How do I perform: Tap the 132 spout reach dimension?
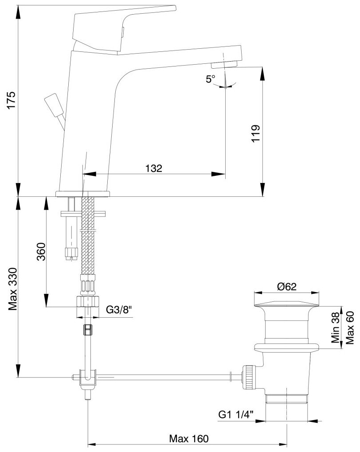154,168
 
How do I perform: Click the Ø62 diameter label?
287,287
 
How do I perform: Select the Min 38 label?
336,327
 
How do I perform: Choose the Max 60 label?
350,327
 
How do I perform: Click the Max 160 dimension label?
188,439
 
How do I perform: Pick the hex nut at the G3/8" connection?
87,302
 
